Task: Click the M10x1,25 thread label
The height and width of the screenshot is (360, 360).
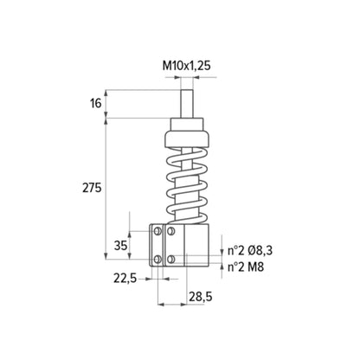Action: tap(187, 66)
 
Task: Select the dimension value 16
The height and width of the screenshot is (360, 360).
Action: tap(96, 103)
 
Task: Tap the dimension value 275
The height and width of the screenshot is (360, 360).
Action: tap(92, 188)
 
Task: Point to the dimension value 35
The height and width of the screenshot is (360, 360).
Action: tap(120, 246)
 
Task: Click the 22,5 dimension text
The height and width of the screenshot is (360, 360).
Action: tap(125, 279)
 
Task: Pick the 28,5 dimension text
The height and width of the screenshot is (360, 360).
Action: tap(201, 296)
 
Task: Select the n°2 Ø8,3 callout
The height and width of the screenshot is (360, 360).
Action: tap(250, 251)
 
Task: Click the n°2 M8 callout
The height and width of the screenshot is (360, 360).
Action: tap(246, 267)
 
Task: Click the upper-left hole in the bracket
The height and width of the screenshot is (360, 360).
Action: tap(157, 231)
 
